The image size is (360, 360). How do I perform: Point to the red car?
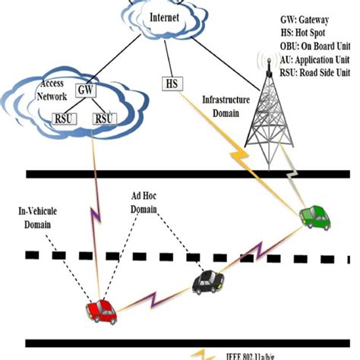pyautogui.click(x=99, y=311)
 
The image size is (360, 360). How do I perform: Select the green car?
pyautogui.click(x=312, y=216)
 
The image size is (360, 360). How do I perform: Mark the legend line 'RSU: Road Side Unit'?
pyautogui.click(x=314, y=71)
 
